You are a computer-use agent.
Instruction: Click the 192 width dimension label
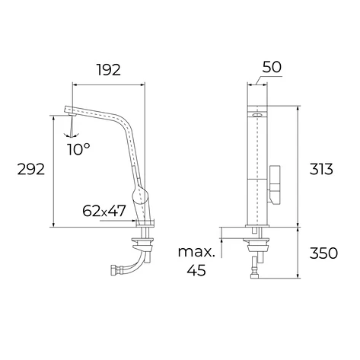coord(109,70)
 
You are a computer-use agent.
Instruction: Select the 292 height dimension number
coord(31,169)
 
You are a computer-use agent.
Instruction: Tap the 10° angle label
coord(78,149)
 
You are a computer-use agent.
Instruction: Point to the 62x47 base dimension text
coord(104,211)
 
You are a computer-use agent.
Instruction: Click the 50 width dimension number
coord(272,67)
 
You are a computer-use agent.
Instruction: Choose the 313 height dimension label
coord(321,169)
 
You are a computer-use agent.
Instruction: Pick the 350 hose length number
coord(323,253)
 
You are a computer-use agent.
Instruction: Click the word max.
coord(196,252)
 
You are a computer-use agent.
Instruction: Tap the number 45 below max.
coord(196,270)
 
